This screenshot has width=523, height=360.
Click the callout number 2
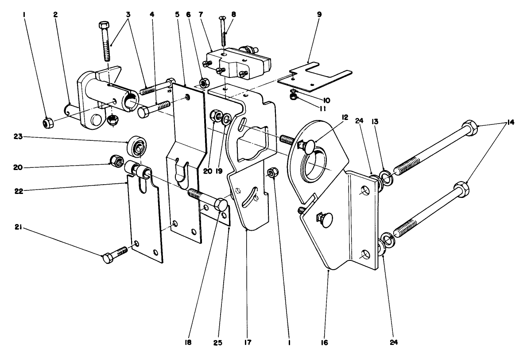(x=55, y=14)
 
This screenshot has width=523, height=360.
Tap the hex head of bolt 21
(x=108, y=259)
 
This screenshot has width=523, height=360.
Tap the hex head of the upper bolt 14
(x=470, y=129)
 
